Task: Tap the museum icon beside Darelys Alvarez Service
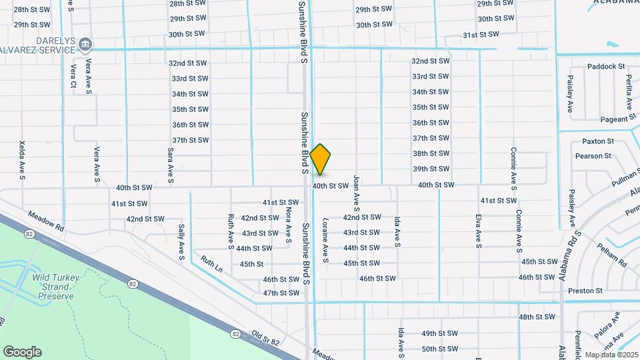point(85,45)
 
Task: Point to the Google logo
point(22,352)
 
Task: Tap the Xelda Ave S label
point(22,160)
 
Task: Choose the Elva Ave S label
point(478,231)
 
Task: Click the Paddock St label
point(606,67)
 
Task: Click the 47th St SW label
point(281,293)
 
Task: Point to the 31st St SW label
point(481,35)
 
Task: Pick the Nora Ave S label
point(289,223)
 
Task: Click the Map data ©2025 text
point(612,354)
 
